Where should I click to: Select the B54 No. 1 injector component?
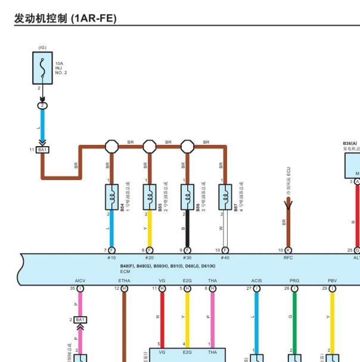[111, 197]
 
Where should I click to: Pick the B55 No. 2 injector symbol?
[149, 197]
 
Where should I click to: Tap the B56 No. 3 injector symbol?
[187, 197]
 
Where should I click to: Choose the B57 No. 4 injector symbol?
[225, 197]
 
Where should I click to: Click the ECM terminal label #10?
[111, 258]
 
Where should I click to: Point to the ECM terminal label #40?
[225, 258]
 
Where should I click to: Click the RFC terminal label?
[288, 258]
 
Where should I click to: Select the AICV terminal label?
[80, 280]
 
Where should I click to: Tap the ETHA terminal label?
[124, 280]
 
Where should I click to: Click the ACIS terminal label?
[256, 280]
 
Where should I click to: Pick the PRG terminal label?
[294, 280]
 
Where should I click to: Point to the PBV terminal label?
[332, 280]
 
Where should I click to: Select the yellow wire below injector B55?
[150, 229]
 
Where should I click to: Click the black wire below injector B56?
[187, 229]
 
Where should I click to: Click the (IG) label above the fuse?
[42, 47]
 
